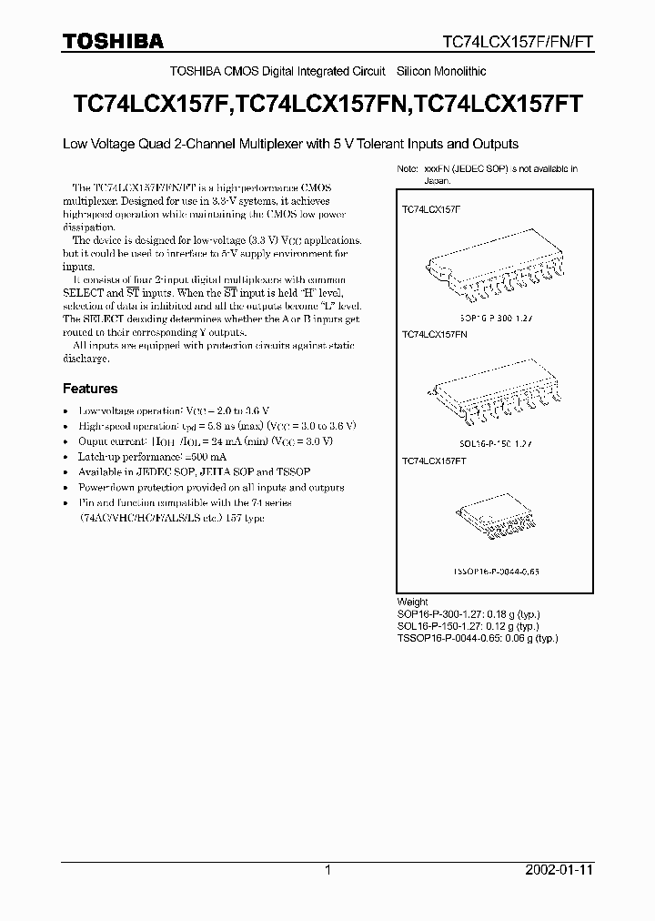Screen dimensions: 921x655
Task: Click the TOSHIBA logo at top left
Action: click(113, 41)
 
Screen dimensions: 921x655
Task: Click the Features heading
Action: click(90, 389)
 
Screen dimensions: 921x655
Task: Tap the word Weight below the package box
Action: click(412, 602)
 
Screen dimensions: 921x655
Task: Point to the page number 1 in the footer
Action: click(327, 870)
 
